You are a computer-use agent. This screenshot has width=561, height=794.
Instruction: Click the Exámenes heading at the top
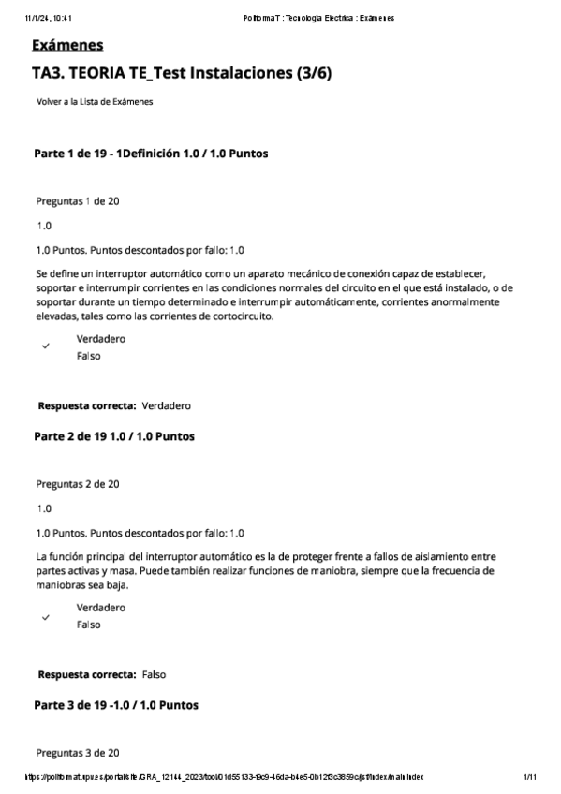click(67, 45)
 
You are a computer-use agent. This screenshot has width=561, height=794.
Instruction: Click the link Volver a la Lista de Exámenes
click(95, 101)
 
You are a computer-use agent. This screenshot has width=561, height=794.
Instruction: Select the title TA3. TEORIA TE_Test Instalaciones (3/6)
click(181, 73)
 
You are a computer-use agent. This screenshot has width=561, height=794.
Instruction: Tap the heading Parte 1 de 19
click(153, 153)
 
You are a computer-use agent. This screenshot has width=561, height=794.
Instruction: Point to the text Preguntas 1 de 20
click(77, 201)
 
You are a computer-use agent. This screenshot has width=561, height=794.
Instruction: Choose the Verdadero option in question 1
click(100, 339)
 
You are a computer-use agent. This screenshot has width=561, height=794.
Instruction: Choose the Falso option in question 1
click(89, 356)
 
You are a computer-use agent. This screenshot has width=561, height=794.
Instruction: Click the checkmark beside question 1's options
click(45, 346)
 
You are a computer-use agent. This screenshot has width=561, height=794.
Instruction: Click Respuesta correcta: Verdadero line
click(114, 405)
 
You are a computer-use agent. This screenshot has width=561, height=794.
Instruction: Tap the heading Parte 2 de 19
click(114, 436)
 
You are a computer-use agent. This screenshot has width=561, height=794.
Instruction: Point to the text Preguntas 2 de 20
click(77, 484)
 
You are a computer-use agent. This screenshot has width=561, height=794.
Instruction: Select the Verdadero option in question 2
click(100, 607)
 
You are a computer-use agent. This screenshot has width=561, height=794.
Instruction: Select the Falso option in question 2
click(89, 624)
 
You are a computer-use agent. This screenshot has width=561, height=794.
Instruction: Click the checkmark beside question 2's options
click(45, 617)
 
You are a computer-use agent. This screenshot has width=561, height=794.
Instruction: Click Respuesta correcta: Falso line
click(102, 674)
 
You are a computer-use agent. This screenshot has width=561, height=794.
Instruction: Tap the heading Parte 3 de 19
click(115, 704)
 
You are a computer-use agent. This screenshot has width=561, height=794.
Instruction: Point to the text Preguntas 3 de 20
click(77, 752)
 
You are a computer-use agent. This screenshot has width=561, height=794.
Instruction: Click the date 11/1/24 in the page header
click(28, 17)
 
